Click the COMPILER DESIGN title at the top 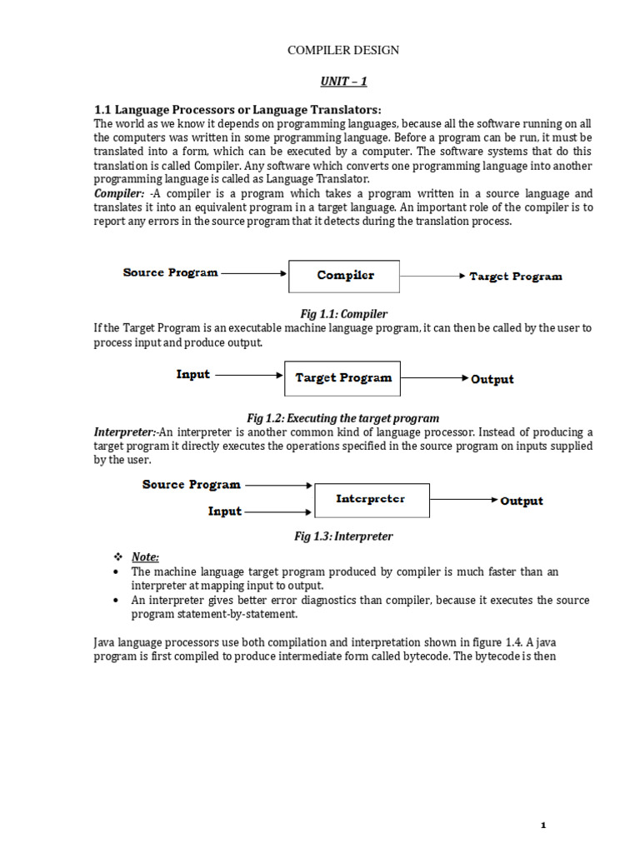[x=342, y=51]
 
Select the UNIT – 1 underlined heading [x=343, y=82]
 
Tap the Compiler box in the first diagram [x=344, y=276]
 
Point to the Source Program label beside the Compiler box [x=170, y=272]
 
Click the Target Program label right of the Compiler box [x=515, y=277]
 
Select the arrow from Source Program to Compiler [x=254, y=272]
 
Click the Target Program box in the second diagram [x=342, y=378]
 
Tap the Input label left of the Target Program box [x=192, y=375]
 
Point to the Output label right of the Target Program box [x=492, y=380]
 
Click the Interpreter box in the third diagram [x=371, y=500]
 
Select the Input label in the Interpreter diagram [x=224, y=511]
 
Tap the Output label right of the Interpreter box [x=521, y=501]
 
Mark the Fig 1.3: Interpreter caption [x=343, y=536]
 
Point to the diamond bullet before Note [x=117, y=556]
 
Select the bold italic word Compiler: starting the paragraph [x=119, y=192]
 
